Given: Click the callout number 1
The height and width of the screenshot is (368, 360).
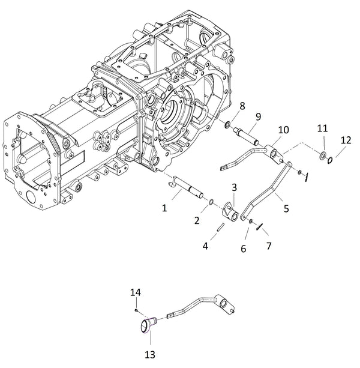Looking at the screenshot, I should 165,207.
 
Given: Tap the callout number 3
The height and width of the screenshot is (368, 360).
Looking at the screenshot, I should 235,188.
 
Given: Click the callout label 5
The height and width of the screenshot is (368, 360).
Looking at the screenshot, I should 286,208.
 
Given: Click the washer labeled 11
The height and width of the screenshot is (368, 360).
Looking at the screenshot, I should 323,157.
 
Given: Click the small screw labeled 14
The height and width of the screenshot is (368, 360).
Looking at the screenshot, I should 137,310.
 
